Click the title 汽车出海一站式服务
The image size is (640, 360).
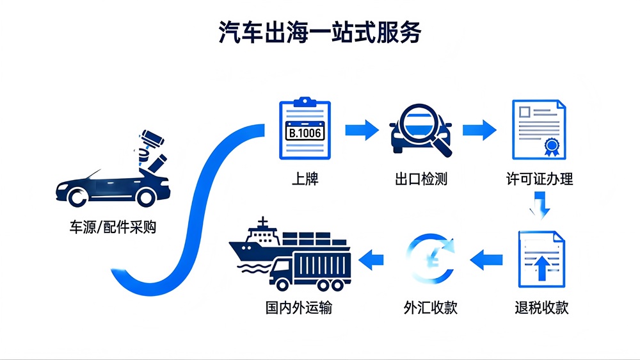319,33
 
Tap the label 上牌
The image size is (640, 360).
305,179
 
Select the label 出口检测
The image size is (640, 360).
420,179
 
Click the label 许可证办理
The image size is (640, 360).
538,179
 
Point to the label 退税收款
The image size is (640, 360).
541,307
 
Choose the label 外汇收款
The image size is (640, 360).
430,307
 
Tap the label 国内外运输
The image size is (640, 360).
299,307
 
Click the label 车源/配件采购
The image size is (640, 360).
112,226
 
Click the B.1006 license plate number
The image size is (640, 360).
305,134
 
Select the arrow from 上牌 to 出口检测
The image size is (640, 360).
362,130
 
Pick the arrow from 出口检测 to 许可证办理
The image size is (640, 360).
479,130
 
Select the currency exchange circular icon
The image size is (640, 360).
430,258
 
